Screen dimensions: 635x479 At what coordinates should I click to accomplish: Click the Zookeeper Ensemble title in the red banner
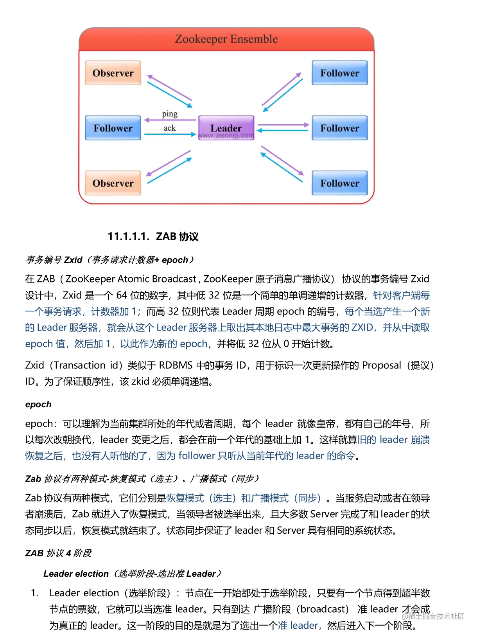click(x=226, y=39)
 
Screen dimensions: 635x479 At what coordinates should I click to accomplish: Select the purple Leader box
click(x=226, y=128)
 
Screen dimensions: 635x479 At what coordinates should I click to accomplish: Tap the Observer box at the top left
click(x=113, y=73)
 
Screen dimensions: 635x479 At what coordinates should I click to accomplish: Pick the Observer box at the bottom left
click(x=113, y=183)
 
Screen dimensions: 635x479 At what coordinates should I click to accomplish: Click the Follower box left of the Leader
click(x=113, y=128)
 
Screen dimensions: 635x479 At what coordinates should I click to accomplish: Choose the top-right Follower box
click(x=339, y=73)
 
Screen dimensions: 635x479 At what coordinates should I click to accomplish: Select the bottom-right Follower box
click(x=339, y=183)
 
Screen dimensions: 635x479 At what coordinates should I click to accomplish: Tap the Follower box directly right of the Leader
click(x=339, y=128)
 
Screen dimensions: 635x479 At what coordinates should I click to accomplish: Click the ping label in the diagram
click(x=170, y=114)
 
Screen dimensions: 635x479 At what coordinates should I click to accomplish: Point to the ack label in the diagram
click(x=170, y=128)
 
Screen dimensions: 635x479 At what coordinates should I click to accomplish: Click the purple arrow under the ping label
click(x=170, y=120)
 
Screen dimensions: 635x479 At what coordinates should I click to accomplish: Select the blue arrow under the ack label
click(x=170, y=134)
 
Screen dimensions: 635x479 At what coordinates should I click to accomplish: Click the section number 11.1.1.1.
click(x=128, y=236)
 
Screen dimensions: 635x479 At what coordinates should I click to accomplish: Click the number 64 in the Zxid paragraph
click(x=122, y=295)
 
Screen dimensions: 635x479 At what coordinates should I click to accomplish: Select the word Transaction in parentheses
click(x=79, y=365)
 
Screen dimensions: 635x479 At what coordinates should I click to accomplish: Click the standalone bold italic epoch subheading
click(x=38, y=405)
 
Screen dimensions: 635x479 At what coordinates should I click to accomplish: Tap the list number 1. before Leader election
click(x=35, y=593)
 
